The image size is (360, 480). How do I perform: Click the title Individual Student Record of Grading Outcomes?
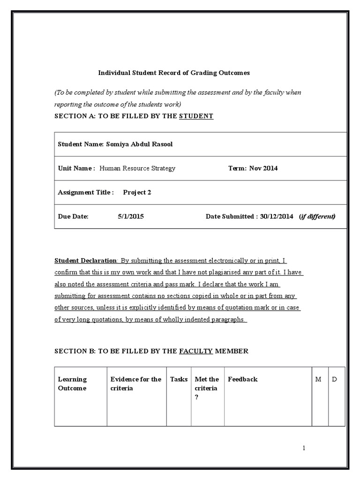tap(173, 73)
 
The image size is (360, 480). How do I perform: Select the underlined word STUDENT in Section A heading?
tap(196, 116)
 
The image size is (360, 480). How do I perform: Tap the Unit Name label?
tap(76, 168)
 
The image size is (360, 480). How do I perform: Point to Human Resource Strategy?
tap(137, 168)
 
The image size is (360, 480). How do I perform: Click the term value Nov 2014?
tap(263, 168)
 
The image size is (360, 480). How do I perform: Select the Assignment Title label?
tap(85, 192)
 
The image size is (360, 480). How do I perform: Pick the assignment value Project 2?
tap(137, 192)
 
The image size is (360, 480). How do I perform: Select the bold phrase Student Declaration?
tap(86, 260)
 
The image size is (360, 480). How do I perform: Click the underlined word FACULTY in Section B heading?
tap(196, 351)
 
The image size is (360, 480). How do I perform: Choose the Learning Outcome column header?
tap(72, 384)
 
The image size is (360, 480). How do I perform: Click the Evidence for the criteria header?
tap(135, 384)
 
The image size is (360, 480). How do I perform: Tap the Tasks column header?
tap(179, 379)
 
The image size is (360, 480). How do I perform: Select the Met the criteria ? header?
tap(207, 388)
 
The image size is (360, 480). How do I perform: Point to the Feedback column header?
tap(242, 379)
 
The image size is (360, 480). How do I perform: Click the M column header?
tap(318, 379)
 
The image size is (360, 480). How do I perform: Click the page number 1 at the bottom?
tap(304, 448)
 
